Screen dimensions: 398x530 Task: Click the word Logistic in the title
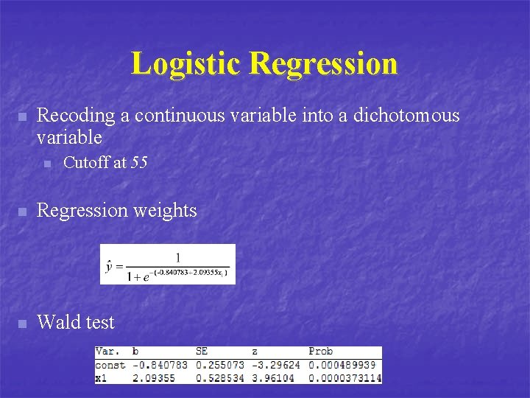coord(187,64)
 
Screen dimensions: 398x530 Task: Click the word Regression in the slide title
coord(324,64)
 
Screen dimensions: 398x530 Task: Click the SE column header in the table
coord(202,352)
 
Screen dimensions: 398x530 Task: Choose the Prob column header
coord(320,352)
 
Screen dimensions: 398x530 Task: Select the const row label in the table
coord(110,365)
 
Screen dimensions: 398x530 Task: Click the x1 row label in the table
coord(102,377)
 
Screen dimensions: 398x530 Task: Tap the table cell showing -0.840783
coord(160,365)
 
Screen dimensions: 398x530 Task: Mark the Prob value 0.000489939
coord(342,365)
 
